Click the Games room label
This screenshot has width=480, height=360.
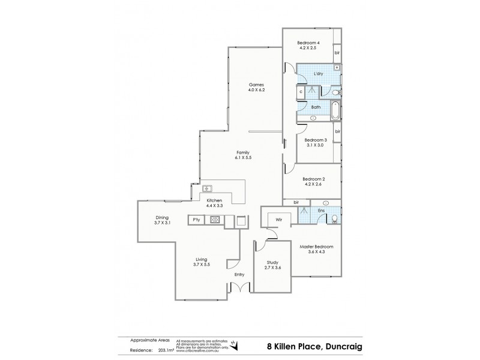[x=256, y=85]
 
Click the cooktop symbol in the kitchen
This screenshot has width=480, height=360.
[x=214, y=220]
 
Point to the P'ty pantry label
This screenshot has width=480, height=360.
[x=196, y=220]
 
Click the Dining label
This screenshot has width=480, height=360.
[x=162, y=217]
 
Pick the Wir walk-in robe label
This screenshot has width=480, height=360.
[x=279, y=220]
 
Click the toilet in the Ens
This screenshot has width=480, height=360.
[x=334, y=220]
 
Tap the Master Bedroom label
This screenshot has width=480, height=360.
[x=316, y=247]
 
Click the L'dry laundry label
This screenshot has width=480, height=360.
[x=319, y=74]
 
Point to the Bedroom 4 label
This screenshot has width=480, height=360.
[x=310, y=43]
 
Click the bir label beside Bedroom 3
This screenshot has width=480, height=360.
[x=338, y=131]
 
